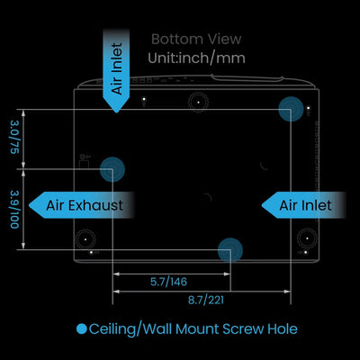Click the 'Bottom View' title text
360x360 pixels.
[196, 40]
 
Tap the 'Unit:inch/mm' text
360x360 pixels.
[196, 58]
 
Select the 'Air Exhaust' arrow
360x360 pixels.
[81, 205]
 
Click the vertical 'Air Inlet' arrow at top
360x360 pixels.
[116, 70]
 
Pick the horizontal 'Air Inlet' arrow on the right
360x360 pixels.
[303, 205]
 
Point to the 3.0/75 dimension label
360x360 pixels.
[15, 137]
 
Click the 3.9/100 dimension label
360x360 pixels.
[15, 209]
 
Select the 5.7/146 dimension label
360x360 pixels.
[168, 282]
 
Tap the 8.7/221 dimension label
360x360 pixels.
[206, 300]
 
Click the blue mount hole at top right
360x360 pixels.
[291, 109]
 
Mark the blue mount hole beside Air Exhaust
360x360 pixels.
[112, 169]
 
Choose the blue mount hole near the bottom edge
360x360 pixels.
[230, 250]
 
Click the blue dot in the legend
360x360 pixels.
[82, 329]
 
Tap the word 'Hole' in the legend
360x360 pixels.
[283, 328]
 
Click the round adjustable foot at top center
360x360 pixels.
[198, 103]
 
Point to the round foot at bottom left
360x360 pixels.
[85, 239]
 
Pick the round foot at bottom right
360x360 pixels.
[308, 238]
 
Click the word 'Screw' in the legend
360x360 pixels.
[243, 329]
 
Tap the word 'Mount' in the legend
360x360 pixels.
[197, 328]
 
